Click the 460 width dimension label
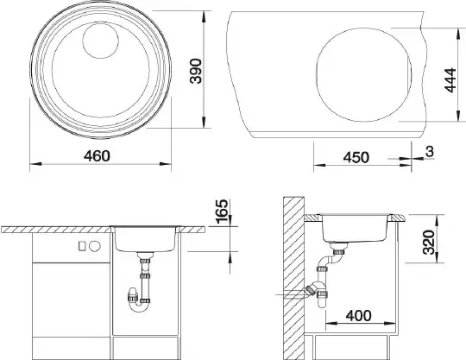click(97, 155)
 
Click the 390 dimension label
click(196, 71)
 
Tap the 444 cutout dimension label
click(450, 80)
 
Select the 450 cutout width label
click(356, 157)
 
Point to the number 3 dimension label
click(430, 152)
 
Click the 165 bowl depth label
click(223, 211)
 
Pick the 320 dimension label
click(429, 242)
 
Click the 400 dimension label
click(358, 315)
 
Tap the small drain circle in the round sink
click(100, 40)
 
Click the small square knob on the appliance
click(82, 246)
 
